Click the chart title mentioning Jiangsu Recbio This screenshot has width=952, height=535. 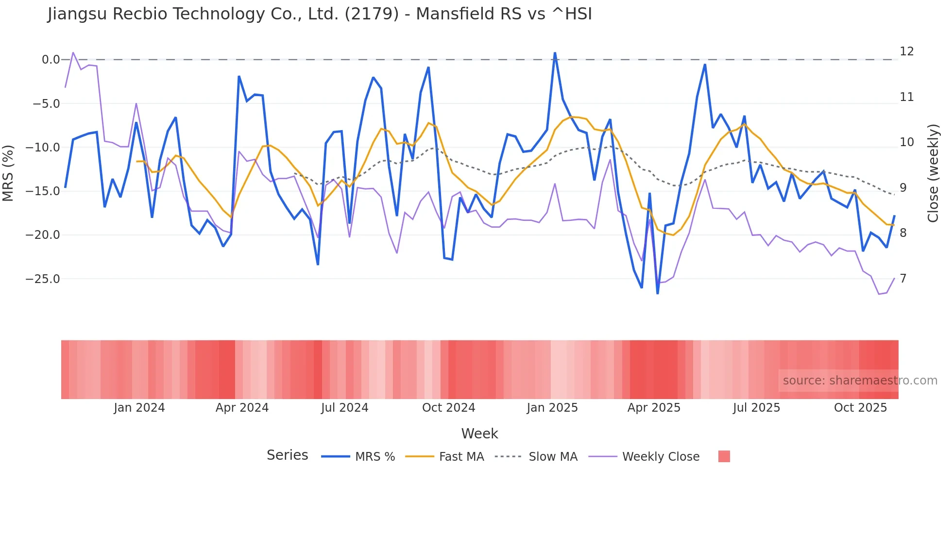(320, 14)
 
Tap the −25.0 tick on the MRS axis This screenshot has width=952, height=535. (43, 279)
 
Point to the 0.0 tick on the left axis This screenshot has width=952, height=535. (51, 60)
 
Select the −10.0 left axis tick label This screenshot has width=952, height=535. (43, 148)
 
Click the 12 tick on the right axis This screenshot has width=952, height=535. (906, 51)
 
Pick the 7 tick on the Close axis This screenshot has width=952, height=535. (903, 279)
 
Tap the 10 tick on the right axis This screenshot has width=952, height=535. (906, 142)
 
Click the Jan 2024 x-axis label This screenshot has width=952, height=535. (139, 408)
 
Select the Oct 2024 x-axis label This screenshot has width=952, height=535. (448, 408)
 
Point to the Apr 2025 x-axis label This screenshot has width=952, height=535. (654, 408)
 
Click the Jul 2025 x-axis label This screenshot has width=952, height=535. (756, 408)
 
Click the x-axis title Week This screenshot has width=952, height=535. (479, 434)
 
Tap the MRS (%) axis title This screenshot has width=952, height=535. (8, 173)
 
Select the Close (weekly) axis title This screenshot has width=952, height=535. (933, 173)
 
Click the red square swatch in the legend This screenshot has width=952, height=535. (724, 456)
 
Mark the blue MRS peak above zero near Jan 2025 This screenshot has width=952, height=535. (555, 53)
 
